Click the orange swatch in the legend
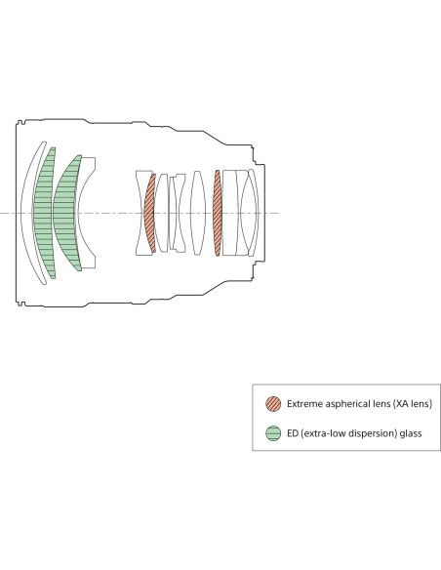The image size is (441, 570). pos(273,404)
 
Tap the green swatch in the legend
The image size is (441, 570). pos(273,433)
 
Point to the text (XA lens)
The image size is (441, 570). pos(413,404)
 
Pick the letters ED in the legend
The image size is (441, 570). pos(292,433)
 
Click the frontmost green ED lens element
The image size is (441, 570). pos(44,213)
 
